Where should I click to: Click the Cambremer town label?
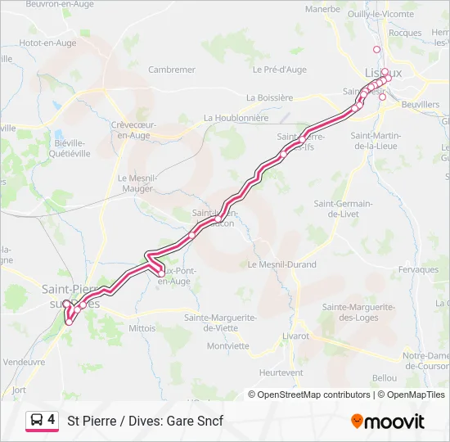click(x=171, y=70)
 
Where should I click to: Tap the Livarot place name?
click(x=295, y=336)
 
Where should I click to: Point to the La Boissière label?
click(x=269, y=97)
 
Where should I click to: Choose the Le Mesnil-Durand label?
click(x=281, y=264)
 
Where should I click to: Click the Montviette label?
click(x=227, y=345)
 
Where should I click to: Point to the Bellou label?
click(x=384, y=378)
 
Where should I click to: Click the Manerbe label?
click(x=322, y=9)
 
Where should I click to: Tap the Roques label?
click(x=405, y=33)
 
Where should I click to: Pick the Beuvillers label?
click(x=421, y=106)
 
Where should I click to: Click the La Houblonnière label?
click(x=236, y=118)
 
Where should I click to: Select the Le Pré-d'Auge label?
click(x=280, y=70)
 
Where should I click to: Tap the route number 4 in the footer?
click(x=52, y=420)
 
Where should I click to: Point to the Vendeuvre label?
click(x=25, y=361)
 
